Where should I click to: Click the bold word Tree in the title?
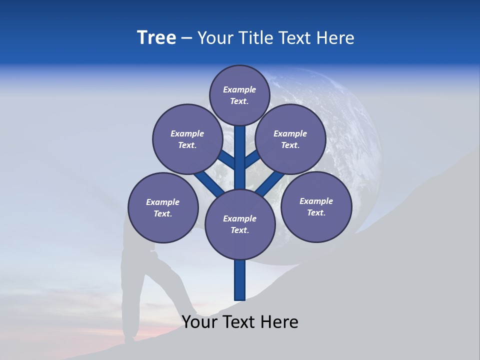click(156, 38)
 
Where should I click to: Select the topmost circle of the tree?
click(239, 95)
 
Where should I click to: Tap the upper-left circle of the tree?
click(187, 139)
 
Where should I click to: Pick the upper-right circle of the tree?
click(290, 139)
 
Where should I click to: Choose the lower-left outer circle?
click(163, 207)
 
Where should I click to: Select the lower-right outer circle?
click(316, 206)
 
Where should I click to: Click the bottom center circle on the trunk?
click(240, 224)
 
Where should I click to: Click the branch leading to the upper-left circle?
click(226, 160)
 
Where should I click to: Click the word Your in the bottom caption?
click(199, 322)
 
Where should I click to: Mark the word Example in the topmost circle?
click(239, 89)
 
